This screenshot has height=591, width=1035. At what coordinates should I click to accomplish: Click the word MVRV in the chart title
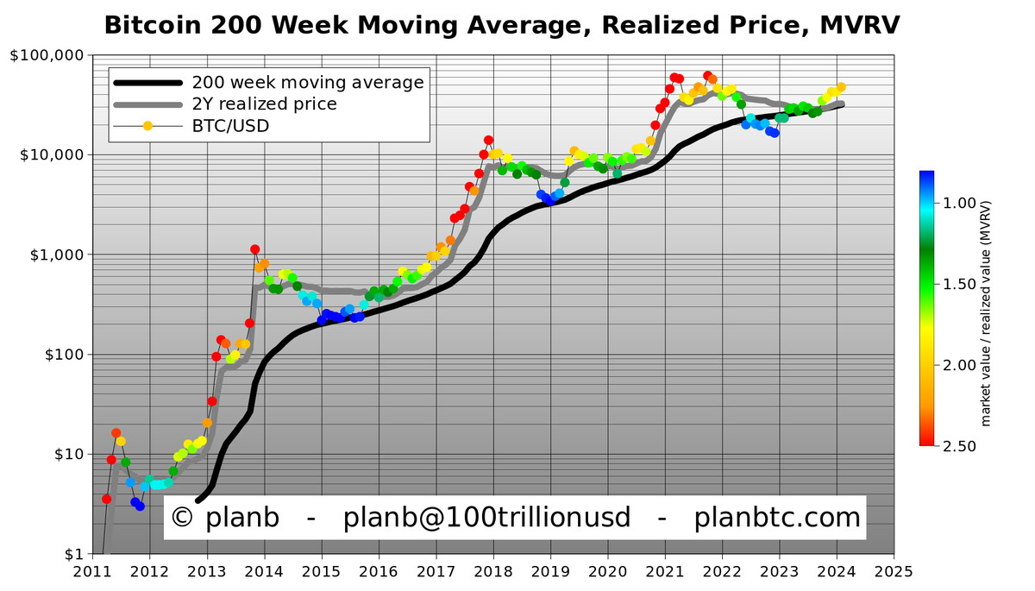[860, 25]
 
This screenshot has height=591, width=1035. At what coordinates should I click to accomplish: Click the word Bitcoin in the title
[153, 25]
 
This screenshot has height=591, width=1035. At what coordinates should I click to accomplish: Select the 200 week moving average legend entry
[308, 83]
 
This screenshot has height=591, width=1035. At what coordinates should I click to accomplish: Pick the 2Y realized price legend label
[264, 104]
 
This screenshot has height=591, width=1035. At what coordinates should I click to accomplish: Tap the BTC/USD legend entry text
[230, 126]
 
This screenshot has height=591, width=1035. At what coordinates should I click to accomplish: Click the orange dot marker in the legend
[147, 126]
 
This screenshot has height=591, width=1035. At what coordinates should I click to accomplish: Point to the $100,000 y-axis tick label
[47, 55]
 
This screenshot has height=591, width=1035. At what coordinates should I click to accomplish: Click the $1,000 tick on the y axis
[57, 255]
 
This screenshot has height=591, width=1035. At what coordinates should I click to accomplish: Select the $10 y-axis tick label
[70, 455]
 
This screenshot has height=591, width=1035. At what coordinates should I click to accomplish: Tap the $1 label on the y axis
[74, 554]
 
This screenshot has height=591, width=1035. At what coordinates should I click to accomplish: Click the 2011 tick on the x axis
[92, 572]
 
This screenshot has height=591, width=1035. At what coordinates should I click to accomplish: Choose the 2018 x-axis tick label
[493, 572]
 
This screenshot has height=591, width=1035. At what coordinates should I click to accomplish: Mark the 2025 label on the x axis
[894, 572]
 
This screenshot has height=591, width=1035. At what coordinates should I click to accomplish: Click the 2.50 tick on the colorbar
[959, 446]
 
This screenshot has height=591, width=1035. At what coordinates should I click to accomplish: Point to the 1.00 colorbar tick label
[959, 203]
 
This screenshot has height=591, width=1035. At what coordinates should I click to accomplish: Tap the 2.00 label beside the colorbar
[959, 365]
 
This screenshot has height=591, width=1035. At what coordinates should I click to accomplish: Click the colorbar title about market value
[986, 313]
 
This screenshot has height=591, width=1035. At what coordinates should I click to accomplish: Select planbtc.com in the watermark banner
[777, 517]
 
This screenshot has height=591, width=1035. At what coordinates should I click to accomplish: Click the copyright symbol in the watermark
[182, 517]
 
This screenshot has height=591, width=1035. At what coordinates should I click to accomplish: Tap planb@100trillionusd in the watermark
[486, 518]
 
